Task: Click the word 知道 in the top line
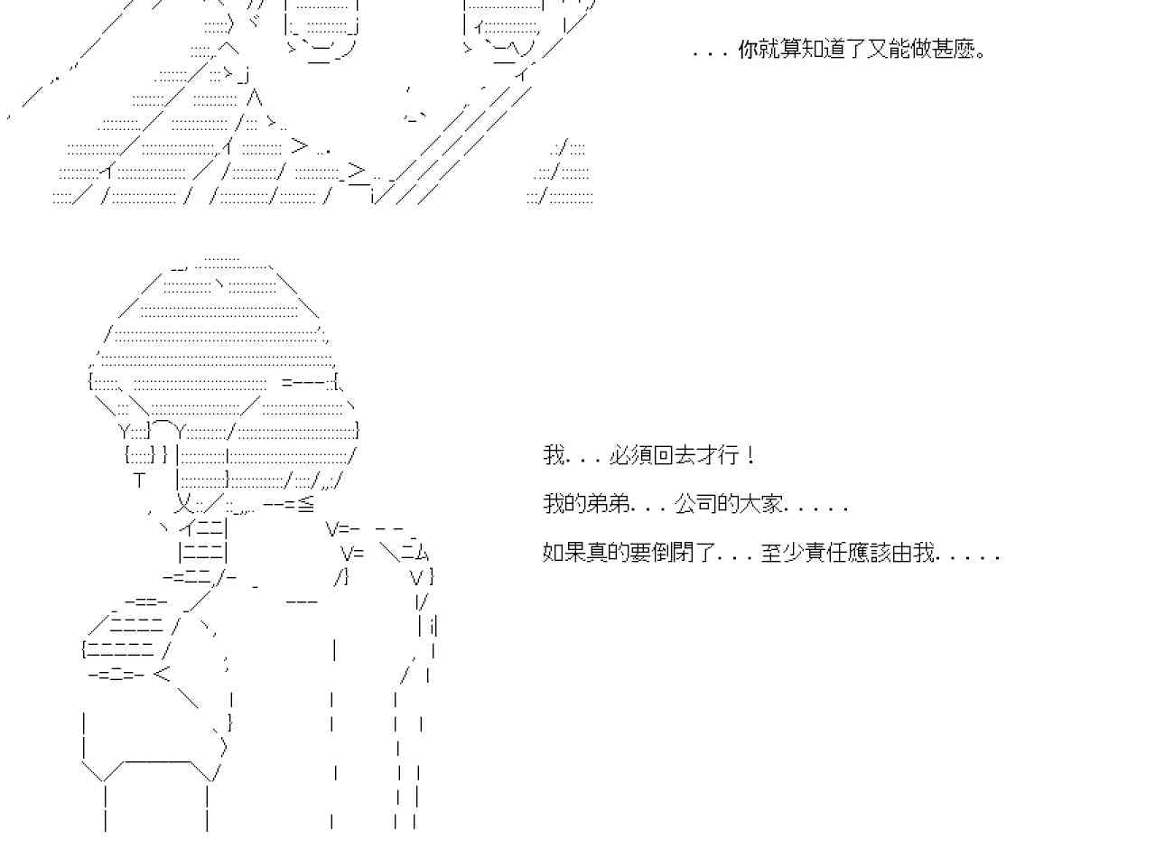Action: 825,50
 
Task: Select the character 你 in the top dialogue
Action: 749,50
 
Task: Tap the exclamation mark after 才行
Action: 750,455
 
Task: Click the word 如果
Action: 564,553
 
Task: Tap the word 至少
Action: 783,553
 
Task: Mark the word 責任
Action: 826,553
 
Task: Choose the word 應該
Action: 870,553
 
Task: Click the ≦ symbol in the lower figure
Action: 306,504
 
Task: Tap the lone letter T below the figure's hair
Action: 139,480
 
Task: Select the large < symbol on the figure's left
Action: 162,674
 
